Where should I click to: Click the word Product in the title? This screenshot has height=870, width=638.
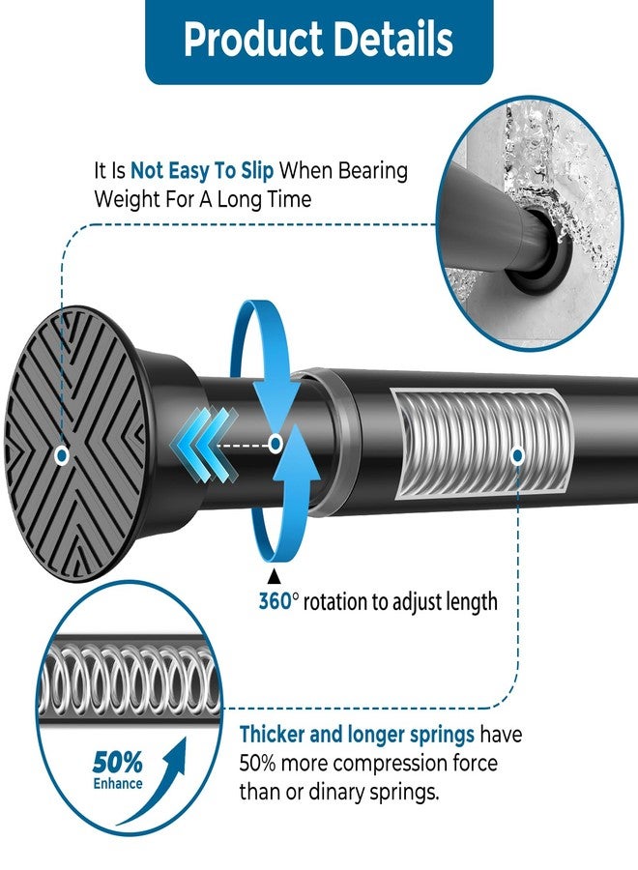point(253,39)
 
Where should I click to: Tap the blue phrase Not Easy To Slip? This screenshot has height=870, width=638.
point(202,171)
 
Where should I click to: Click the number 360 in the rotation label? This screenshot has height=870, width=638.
point(275,601)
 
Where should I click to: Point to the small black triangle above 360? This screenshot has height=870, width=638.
point(274,576)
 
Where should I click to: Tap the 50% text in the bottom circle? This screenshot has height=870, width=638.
point(117,763)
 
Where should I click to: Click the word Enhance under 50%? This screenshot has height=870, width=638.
point(118,783)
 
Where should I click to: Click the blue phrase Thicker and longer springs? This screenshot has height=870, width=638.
point(357,735)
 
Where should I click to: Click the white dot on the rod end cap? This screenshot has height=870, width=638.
point(62,456)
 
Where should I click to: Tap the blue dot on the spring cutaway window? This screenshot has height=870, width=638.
point(517,455)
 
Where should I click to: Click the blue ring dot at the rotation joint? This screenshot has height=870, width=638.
point(275,444)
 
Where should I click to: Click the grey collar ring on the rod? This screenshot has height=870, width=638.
point(333,442)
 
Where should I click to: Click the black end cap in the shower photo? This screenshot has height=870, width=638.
point(536,251)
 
